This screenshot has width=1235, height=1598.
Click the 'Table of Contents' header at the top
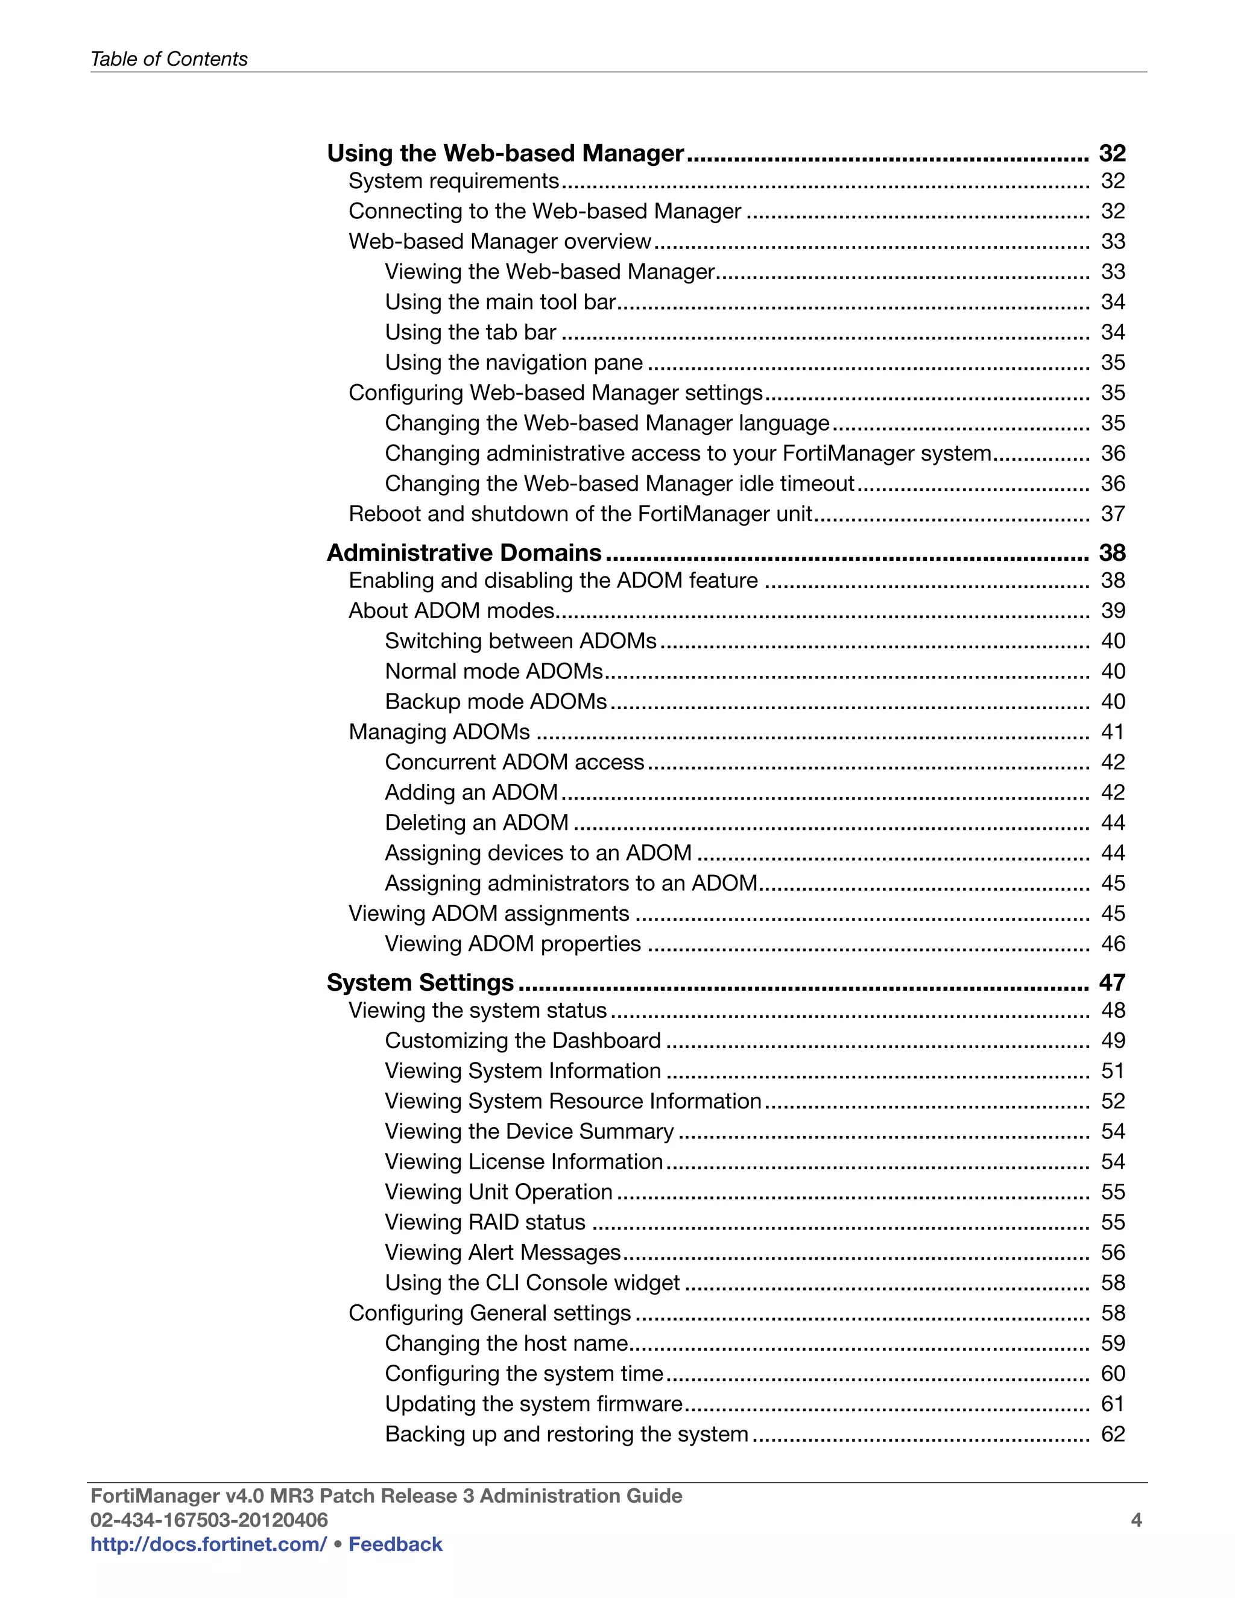(x=168, y=58)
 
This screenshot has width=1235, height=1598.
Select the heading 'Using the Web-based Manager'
(x=505, y=153)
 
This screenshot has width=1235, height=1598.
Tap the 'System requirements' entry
(x=453, y=181)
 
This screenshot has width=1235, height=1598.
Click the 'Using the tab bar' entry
(x=470, y=332)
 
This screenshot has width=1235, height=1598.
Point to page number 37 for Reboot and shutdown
(x=1112, y=514)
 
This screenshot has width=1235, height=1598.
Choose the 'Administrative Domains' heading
(x=464, y=552)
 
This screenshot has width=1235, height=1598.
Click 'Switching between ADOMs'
(x=520, y=641)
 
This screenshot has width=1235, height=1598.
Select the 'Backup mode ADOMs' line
(x=495, y=702)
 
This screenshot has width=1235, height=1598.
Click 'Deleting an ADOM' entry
(x=476, y=823)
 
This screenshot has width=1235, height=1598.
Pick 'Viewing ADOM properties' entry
(x=512, y=944)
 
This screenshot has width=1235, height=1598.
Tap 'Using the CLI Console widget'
(x=532, y=1283)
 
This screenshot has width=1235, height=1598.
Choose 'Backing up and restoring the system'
(x=566, y=1434)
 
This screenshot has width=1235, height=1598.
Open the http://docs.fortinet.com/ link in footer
(x=208, y=1544)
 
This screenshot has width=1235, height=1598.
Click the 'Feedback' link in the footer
(x=395, y=1544)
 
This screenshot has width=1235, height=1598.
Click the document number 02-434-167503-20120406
(x=209, y=1520)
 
